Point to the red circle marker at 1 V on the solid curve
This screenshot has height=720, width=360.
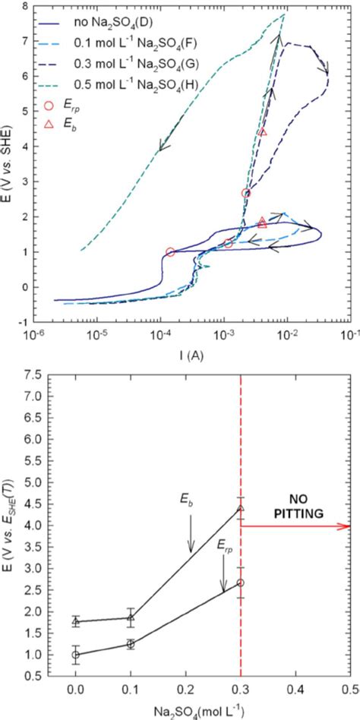tap(170, 252)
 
